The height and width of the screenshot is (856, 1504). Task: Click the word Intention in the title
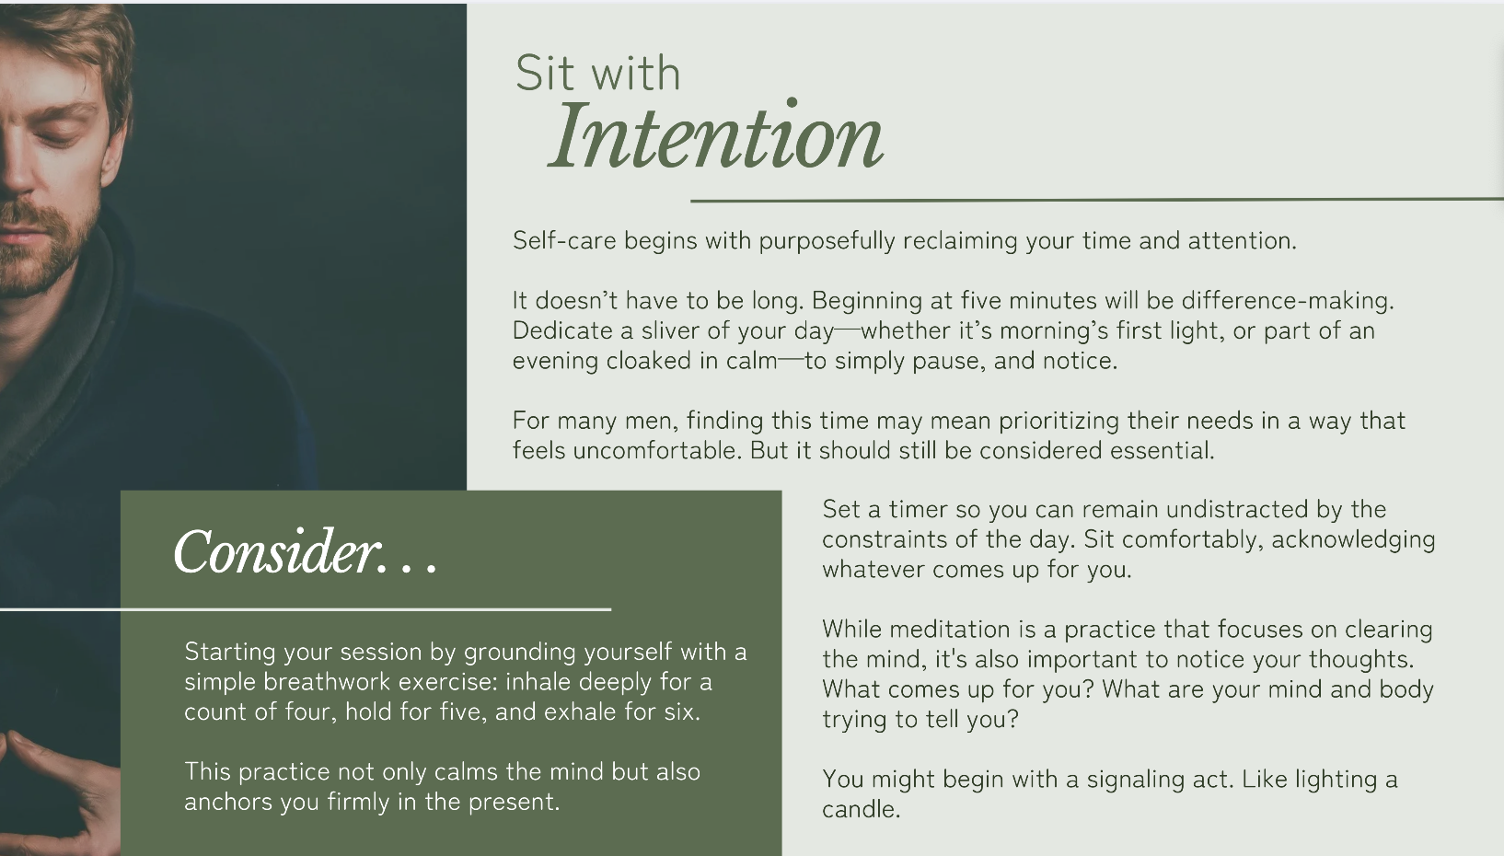tap(716, 137)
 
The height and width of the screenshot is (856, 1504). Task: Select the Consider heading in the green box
tap(306, 552)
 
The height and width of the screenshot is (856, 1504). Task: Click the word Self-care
tap(564, 240)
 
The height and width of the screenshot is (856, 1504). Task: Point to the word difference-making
tap(1288, 301)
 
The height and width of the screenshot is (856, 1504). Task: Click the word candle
tap(861, 810)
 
